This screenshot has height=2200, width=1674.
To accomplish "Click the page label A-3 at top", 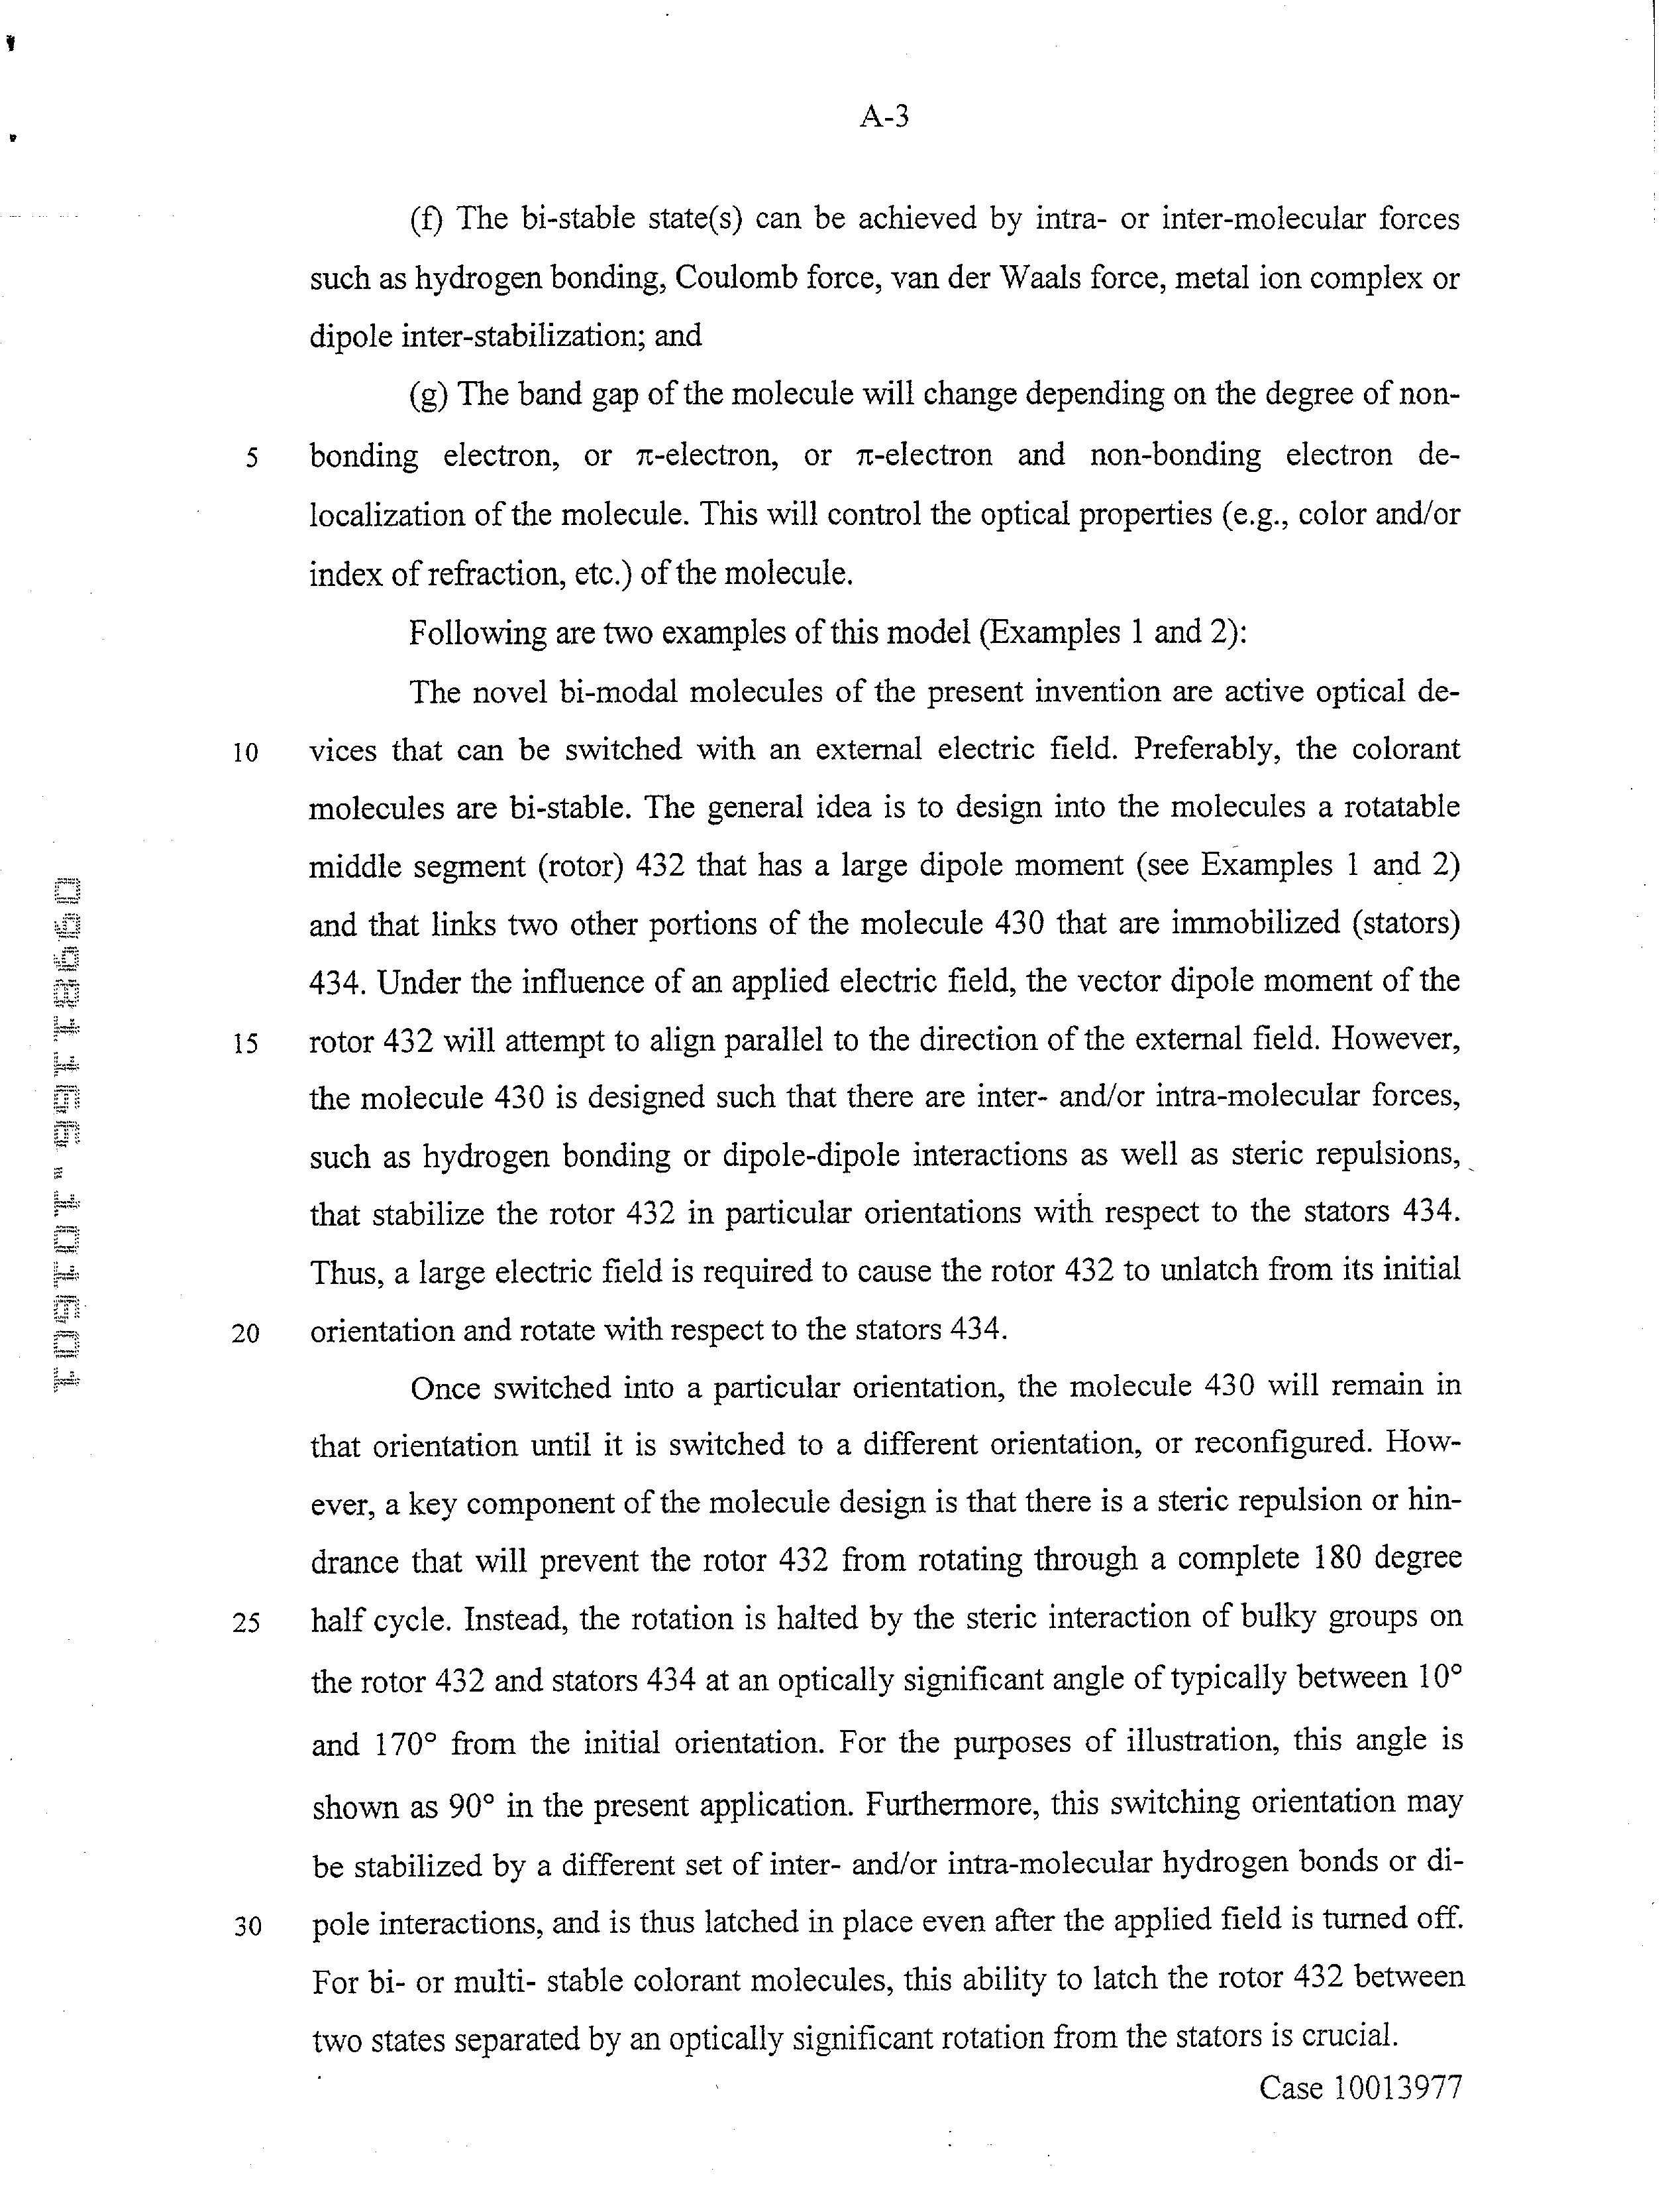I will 884,117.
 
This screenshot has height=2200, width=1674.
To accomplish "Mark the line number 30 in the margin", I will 247,1926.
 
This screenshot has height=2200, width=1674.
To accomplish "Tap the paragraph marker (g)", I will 429,396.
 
